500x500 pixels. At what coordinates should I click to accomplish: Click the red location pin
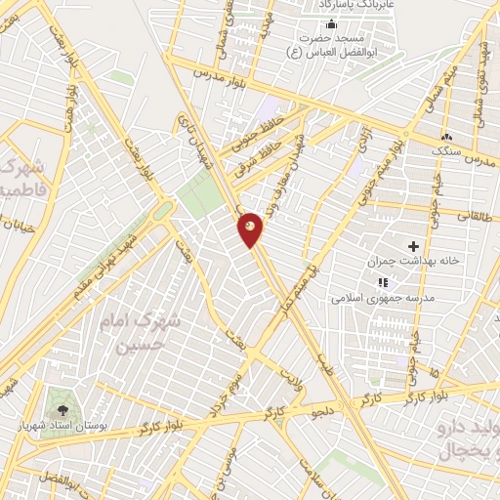pos(251,229)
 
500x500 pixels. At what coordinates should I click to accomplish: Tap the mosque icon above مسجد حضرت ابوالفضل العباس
pos(331,24)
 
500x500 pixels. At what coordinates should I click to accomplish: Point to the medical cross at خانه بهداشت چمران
pos(413,245)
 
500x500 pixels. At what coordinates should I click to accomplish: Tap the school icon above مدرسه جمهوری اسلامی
pos(396,282)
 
